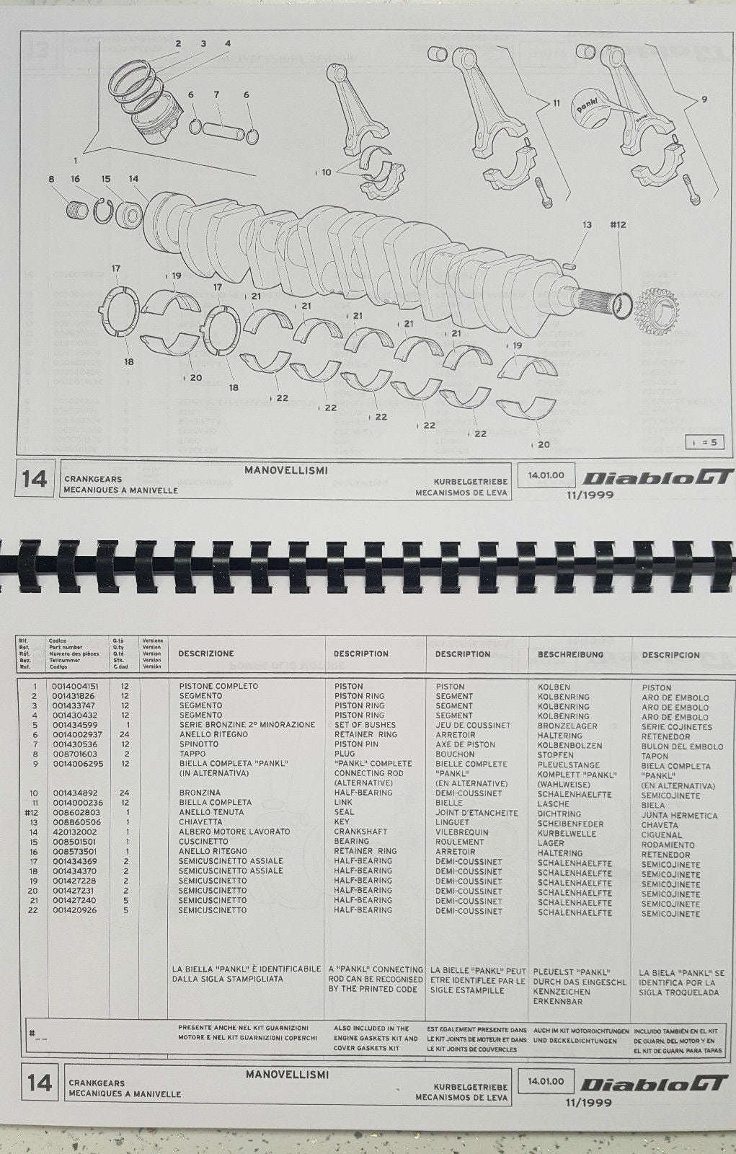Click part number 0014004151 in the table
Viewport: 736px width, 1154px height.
coord(75,686)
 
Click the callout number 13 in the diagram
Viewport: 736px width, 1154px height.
coord(587,225)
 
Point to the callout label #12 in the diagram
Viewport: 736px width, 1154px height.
coord(617,225)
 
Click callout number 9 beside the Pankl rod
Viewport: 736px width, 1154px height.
coord(704,100)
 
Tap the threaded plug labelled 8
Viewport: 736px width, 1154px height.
coord(76,213)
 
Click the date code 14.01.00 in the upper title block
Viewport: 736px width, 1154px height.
coord(546,476)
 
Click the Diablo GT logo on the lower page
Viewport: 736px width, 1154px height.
coord(656,1085)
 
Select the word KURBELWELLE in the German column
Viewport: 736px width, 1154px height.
coord(567,833)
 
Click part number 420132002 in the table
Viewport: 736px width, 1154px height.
coord(75,832)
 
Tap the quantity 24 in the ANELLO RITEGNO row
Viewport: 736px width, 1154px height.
coord(125,734)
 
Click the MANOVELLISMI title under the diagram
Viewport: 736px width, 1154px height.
coord(286,470)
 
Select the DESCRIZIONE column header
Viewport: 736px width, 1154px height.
coord(206,653)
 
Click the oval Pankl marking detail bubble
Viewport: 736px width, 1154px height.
coord(595,105)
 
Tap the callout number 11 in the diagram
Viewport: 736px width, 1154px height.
coord(556,103)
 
